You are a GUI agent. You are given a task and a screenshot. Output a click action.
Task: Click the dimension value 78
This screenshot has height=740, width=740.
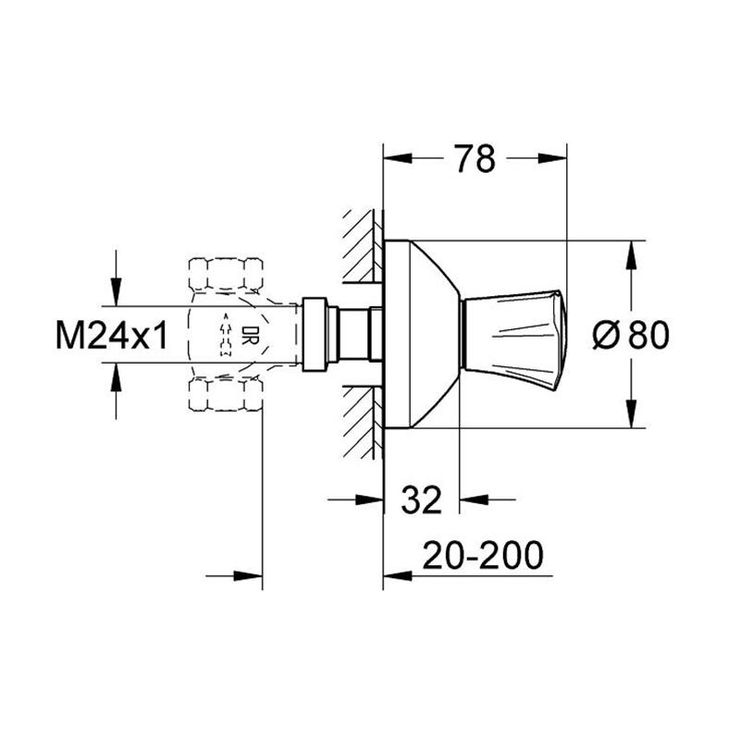(x=475, y=158)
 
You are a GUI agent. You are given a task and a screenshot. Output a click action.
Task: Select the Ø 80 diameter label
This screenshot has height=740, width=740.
(x=631, y=335)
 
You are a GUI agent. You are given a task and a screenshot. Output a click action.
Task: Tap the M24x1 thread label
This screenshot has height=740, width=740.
(x=111, y=335)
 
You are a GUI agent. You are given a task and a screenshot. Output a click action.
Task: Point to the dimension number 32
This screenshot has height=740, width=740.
(x=422, y=499)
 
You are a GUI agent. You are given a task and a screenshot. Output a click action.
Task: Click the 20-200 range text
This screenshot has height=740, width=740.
(x=482, y=555)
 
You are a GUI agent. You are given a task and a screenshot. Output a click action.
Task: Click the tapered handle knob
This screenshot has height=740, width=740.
(x=513, y=340)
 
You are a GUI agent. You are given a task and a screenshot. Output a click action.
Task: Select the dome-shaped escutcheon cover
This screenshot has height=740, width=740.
(x=421, y=335)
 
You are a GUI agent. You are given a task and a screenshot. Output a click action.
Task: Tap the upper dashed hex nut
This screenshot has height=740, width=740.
(x=226, y=273)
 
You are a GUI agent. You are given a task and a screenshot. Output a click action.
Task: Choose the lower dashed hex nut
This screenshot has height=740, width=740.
(x=226, y=395)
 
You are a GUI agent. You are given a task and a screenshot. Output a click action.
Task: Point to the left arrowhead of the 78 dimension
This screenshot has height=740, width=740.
(x=398, y=158)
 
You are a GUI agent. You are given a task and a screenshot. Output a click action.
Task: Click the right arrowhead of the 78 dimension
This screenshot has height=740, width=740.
(x=552, y=158)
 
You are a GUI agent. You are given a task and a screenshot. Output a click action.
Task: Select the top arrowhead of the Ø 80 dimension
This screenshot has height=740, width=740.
(x=631, y=255)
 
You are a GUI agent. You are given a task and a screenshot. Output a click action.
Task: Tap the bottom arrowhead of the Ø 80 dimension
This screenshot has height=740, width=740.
(x=631, y=413)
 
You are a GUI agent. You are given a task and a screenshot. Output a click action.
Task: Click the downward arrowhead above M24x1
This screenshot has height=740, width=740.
(x=117, y=291)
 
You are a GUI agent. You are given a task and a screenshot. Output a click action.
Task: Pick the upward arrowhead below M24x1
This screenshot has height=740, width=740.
(x=117, y=377)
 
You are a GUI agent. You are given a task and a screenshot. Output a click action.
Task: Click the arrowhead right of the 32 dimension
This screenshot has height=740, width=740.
(x=474, y=499)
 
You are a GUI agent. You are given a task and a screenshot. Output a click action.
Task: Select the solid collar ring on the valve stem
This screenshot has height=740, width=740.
(x=314, y=335)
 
